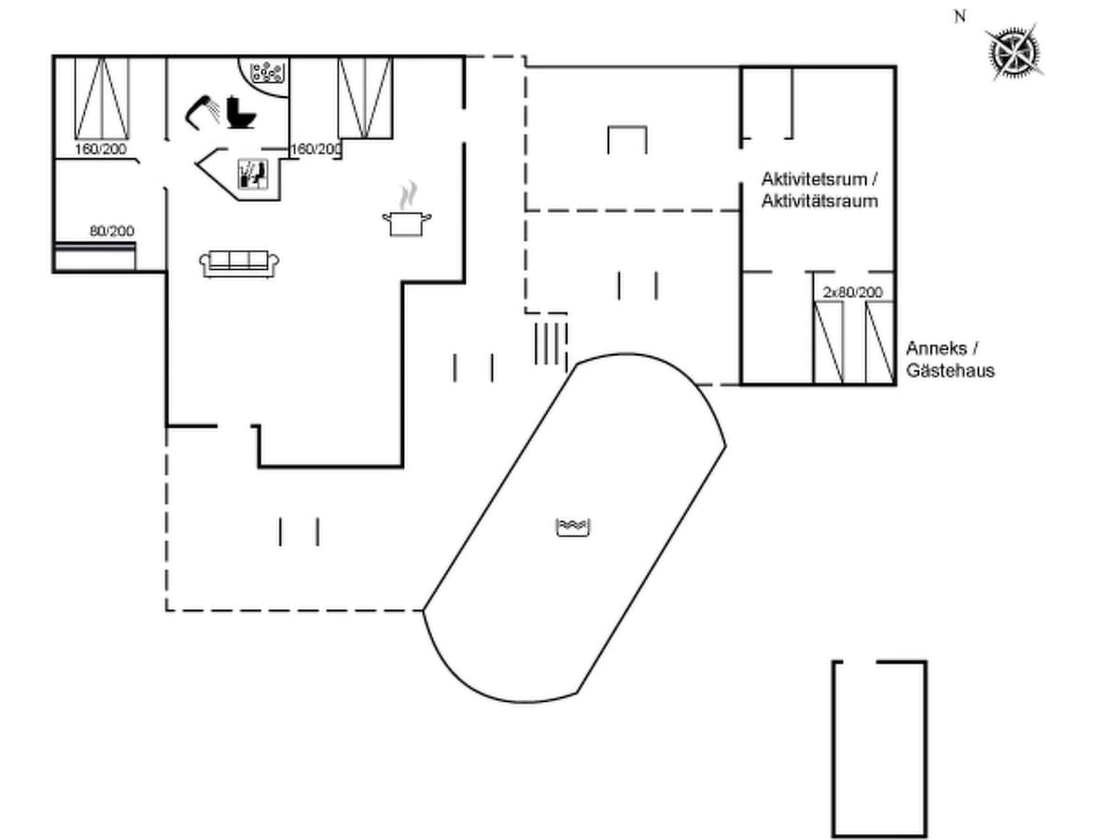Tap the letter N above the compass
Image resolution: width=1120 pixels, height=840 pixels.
(959, 16)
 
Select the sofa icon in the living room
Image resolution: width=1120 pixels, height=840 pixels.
(240, 263)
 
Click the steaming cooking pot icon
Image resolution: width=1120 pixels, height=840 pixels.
(407, 213)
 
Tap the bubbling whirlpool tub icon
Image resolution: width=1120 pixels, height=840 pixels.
(268, 71)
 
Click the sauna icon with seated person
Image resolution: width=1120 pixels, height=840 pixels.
(253, 175)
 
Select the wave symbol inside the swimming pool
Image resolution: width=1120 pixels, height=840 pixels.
(574, 527)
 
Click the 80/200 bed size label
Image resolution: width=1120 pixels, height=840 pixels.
(112, 231)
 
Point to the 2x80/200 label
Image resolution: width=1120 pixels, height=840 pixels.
(851, 292)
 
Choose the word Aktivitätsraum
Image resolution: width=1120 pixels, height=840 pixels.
(819, 201)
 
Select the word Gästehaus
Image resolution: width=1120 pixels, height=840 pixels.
(950, 371)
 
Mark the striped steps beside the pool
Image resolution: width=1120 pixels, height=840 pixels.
(551, 343)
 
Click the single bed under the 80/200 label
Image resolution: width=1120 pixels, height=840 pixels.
(94, 256)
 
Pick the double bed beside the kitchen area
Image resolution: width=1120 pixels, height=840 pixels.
(364, 97)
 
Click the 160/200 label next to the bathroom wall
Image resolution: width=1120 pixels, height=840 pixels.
(315, 149)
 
